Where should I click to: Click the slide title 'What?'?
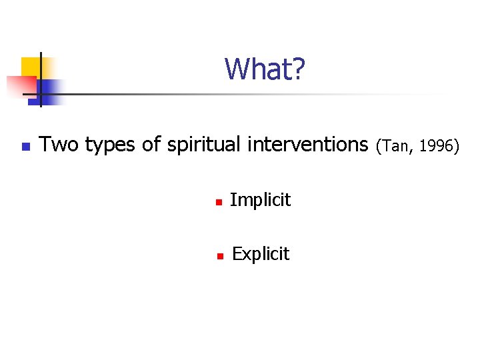pos(265,69)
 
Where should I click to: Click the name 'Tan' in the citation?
pos(396,145)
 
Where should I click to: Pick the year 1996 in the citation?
pos(437,145)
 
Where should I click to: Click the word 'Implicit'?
pos(260,200)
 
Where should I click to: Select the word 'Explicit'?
pos(260,254)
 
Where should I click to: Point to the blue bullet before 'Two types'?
pos(25,146)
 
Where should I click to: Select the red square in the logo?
pos(20,84)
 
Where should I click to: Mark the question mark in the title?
pos(299,69)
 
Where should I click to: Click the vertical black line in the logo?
pos(41,80)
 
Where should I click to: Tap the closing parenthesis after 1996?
pos(457,145)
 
